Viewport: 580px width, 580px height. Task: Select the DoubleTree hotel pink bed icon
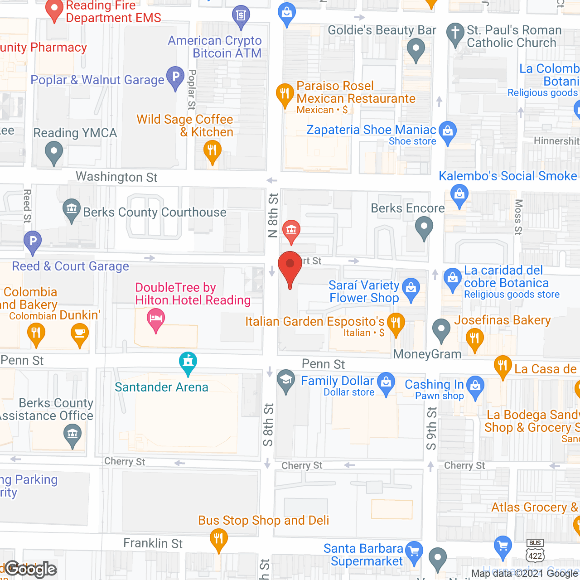pos(156,319)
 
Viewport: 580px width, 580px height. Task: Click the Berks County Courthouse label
pos(155,212)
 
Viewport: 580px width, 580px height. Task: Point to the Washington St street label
pos(116,177)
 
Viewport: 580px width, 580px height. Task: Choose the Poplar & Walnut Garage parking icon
pos(175,77)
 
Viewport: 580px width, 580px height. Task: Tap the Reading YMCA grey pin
pos(54,152)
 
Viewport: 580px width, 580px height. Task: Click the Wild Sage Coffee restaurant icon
pos(212,150)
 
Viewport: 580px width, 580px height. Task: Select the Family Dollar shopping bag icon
pos(386,383)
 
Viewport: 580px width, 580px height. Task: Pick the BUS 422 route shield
pos(535,551)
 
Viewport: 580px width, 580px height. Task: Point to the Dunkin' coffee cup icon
pos(80,334)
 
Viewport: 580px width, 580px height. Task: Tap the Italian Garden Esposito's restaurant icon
pos(396,323)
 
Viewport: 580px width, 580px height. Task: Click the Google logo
pos(31,569)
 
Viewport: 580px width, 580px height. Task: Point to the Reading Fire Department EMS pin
pos(55,10)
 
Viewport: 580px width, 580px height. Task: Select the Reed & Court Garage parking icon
pos(33,241)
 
